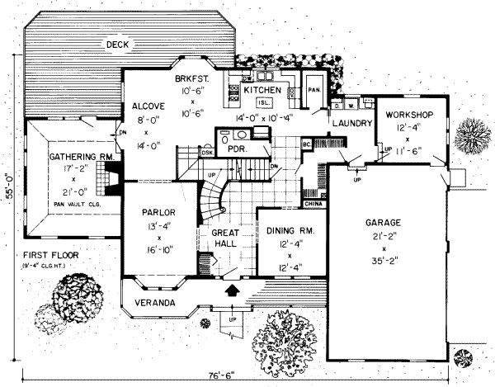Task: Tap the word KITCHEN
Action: point(261,89)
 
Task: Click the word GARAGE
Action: point(384,223)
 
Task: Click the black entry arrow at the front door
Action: point(233,290)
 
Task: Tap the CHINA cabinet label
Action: point(313,202)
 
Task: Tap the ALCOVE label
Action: point(149,106)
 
